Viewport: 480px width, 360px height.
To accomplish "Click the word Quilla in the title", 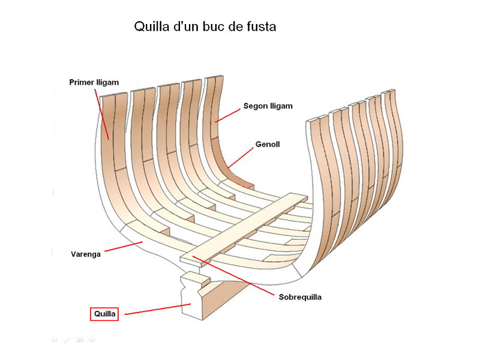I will coord(152,27).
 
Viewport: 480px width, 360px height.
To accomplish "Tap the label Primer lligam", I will coord(94,82).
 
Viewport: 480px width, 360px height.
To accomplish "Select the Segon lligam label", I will coord(268,106).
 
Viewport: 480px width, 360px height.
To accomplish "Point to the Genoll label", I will coord(268,145).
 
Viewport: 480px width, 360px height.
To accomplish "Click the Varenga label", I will coord(85,254).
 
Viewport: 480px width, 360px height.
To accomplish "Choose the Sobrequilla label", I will coord(300,297).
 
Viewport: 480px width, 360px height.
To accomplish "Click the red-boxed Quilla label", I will coord(104,314).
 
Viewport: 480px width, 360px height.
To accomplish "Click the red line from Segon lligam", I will coord(228,114).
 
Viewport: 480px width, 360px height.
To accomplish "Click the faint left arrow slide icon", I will coord(53,340).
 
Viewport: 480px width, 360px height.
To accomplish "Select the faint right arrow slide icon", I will coord(92,340).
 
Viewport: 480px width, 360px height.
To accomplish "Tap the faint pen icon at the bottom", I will coord(67,340).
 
